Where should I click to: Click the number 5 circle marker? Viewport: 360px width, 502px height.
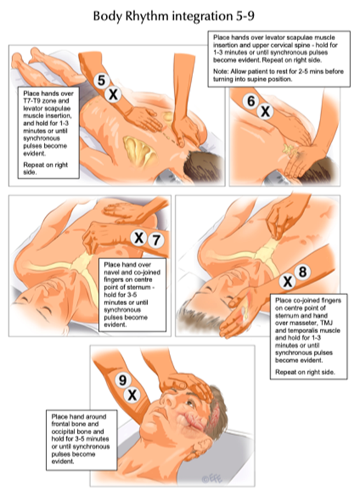(101, 81)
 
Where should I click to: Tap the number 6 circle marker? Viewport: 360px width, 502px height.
(251, 101)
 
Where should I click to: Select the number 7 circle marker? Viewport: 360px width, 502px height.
(156, 240)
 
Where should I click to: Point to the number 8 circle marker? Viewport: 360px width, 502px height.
(303, 272)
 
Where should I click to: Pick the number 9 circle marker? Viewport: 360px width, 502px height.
(123, 380)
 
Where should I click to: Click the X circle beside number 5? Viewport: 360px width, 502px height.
(113, 95)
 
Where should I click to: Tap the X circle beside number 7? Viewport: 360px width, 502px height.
(139, 238)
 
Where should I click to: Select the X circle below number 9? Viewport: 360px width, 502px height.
(132, 395)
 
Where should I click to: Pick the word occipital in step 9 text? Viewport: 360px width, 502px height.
(65, 431)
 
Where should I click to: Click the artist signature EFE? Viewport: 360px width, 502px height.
(212, 479)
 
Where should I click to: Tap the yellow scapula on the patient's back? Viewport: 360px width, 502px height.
(140, 151)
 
